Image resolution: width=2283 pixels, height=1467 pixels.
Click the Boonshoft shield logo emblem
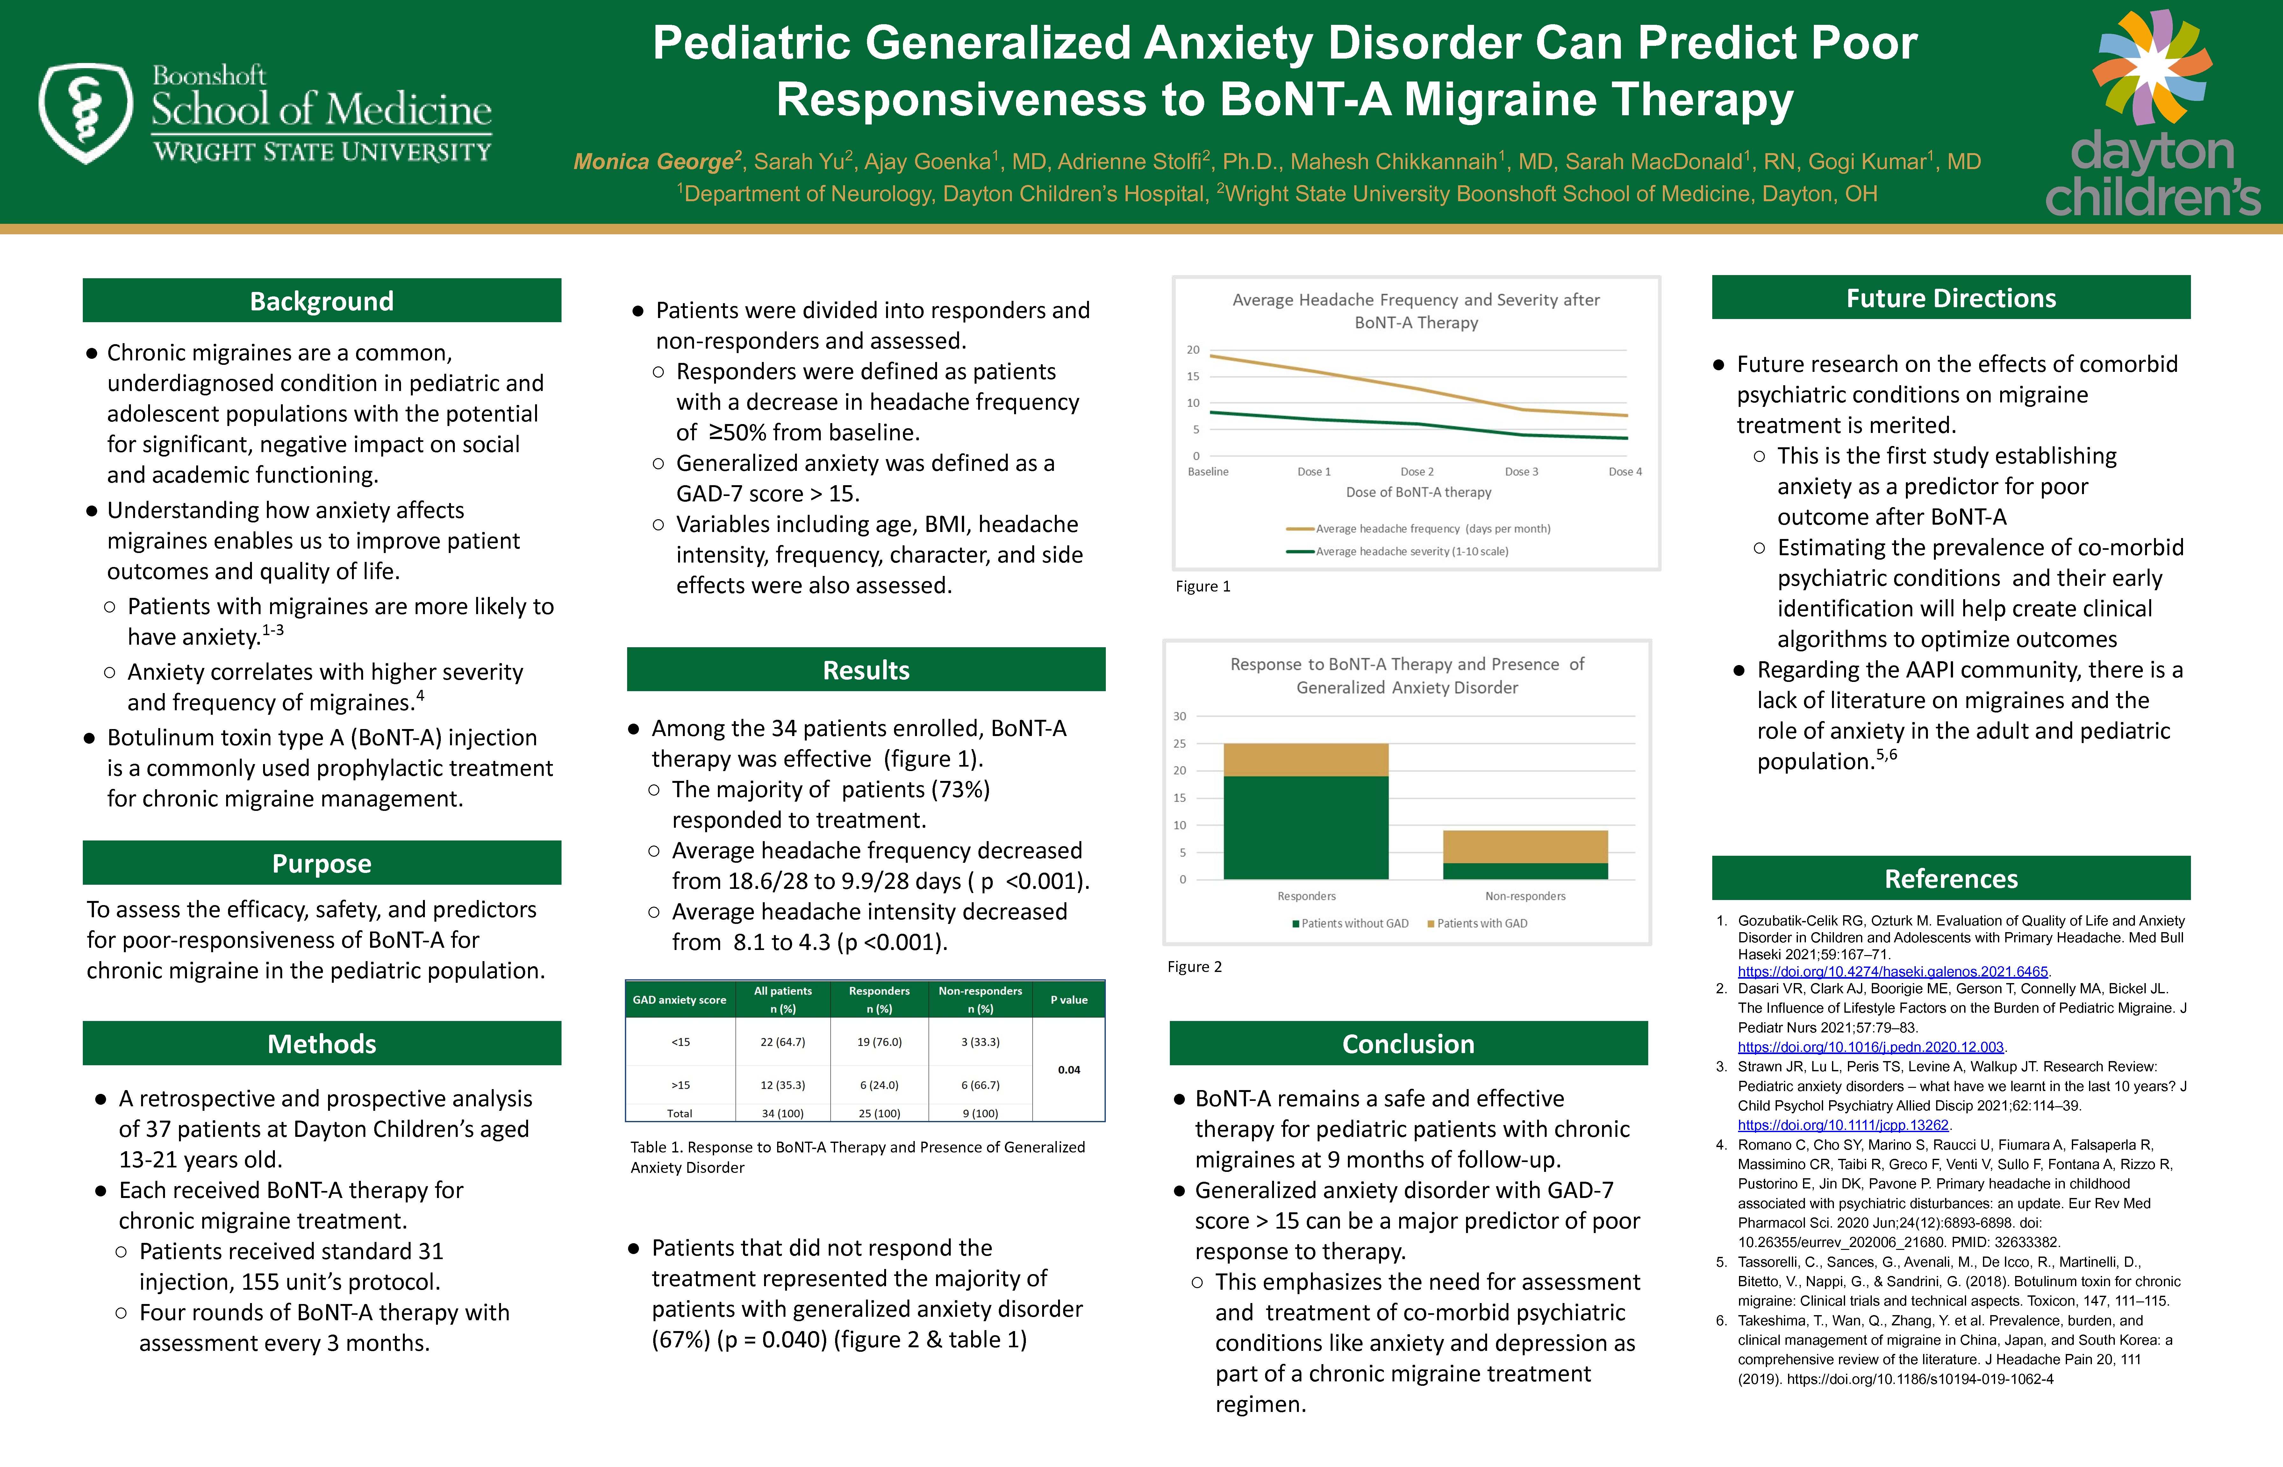tap(86, 112)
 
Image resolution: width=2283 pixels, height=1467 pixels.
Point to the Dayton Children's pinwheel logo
tap(2151, 67)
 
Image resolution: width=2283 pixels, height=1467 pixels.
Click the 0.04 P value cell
tap(1069, 1070)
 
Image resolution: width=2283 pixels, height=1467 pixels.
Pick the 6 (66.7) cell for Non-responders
tap(980, 1085)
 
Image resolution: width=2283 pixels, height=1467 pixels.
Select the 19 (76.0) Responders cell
tap(879, 1042)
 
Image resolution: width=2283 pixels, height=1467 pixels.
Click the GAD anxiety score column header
tap(679, 1000)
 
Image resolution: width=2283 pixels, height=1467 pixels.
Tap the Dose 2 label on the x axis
tap(1417, 471)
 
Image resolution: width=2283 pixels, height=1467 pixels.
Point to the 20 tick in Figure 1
tap(1193, 350)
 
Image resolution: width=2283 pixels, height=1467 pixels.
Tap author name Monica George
tap(654, 162)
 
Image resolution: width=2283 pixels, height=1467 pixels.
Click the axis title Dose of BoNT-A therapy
tap(1419, 493)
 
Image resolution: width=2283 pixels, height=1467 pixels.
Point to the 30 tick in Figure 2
tap(1180, 716)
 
